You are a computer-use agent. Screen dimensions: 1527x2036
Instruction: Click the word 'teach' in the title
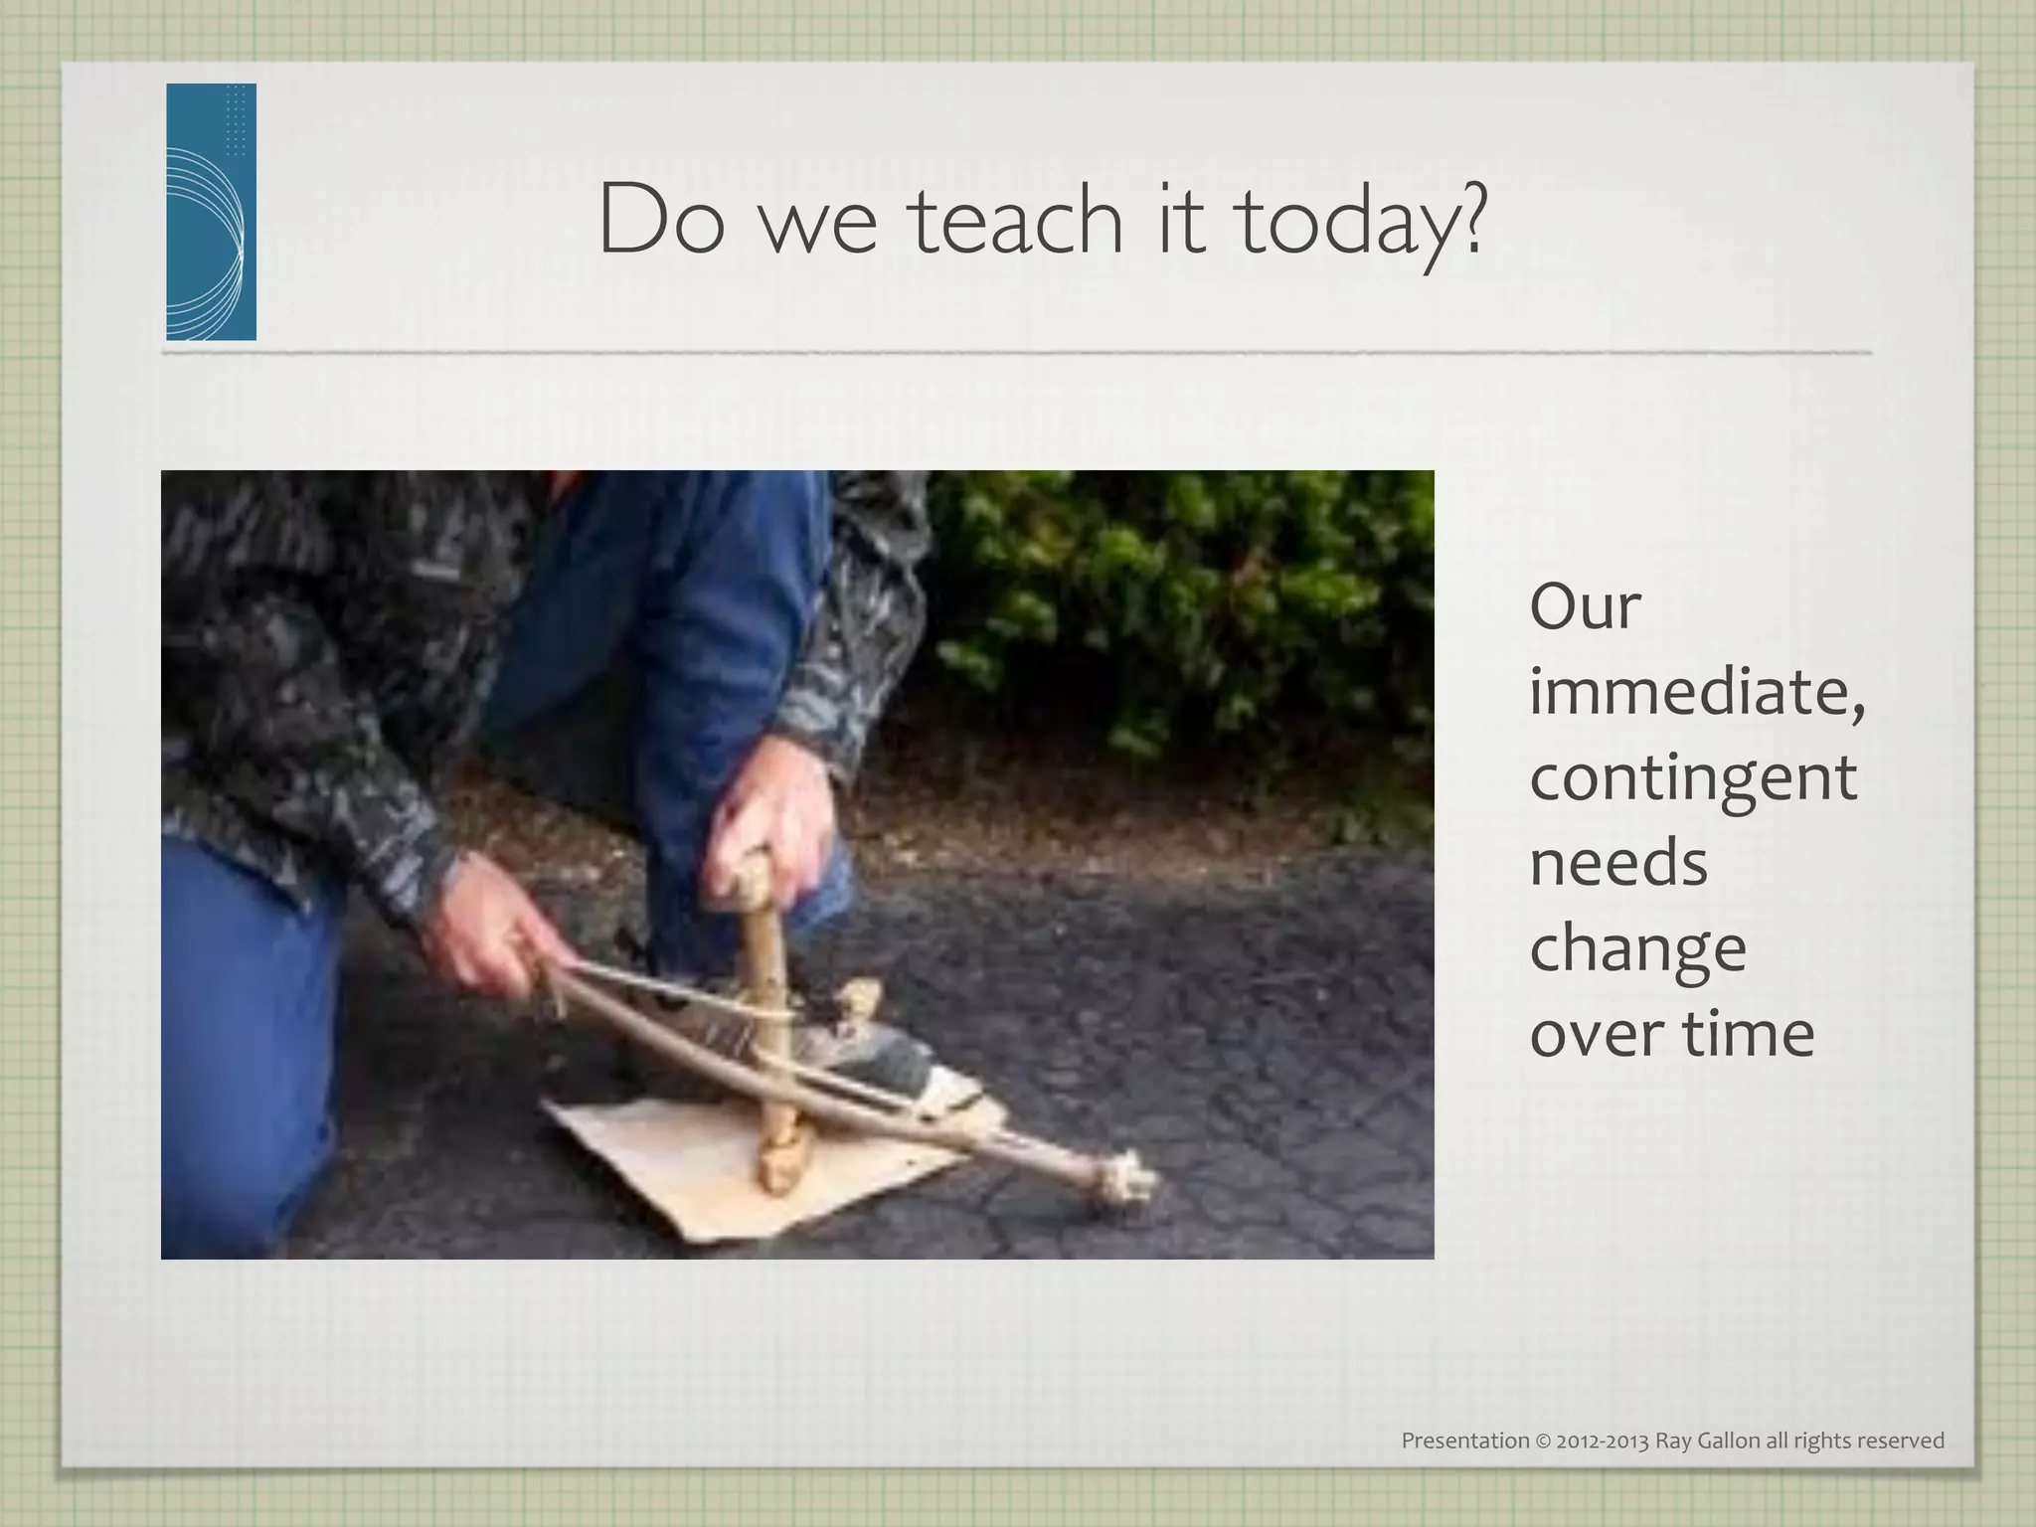[1017, 220]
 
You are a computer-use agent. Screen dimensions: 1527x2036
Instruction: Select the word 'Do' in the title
[660, 220]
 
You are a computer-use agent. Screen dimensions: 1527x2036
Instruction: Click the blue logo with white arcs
[211, 212]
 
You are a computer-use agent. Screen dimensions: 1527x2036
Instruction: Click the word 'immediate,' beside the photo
[1696, 692]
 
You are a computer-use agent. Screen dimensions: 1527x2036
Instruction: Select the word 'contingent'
[1692, 778]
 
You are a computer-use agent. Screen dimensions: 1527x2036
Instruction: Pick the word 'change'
[1636, 948]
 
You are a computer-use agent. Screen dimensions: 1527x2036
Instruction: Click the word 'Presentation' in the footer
[1464, 1441]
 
